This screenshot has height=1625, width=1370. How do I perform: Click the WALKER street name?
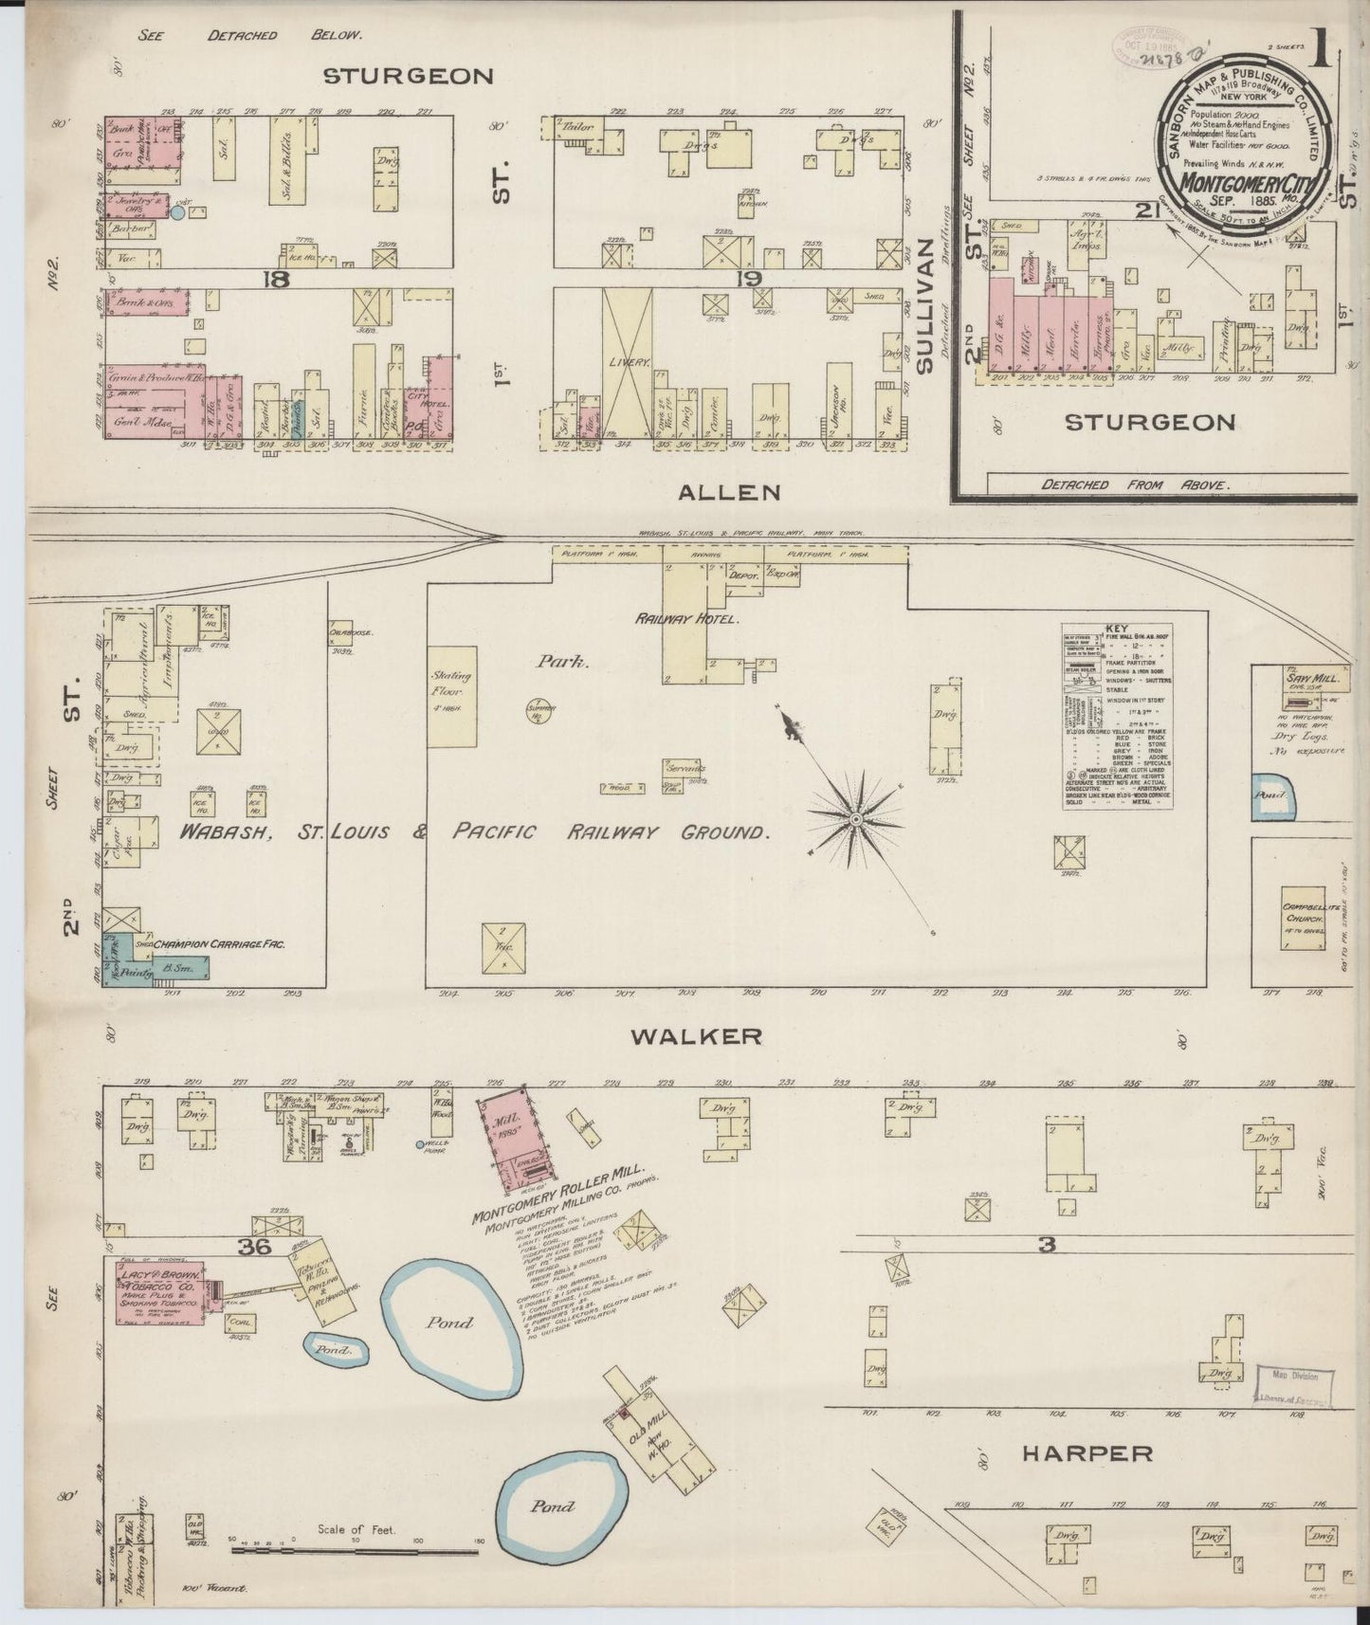(x=697, y=1036)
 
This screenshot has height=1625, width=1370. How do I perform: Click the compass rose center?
(x=856, y=817)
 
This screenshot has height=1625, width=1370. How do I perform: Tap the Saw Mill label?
(x=1304, y=678)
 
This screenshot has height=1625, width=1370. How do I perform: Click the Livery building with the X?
(x=627, y=363)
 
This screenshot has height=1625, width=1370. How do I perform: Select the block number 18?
(x=277, y=279)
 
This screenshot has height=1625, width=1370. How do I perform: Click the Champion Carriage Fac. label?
(x=220, y=944)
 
